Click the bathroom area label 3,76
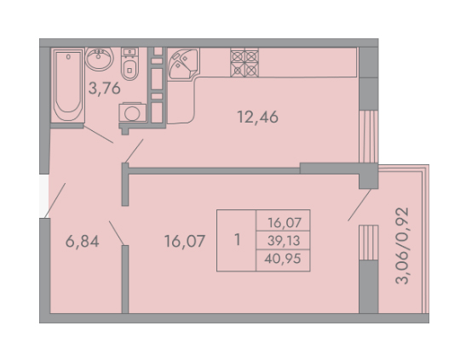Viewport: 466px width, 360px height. click(x=105, y=89)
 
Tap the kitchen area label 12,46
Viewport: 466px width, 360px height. click(x=257, y=117)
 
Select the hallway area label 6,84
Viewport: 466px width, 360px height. click(x=83, y=242)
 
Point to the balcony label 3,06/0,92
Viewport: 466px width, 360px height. click(x=402, y=246)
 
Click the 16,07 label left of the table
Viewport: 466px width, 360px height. click(x=185, y=242)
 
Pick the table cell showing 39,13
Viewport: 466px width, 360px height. click(x=284, y=241)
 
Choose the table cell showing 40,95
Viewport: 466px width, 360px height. click(x=283, y=259)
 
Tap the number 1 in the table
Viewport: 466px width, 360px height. click(x=237, y=240)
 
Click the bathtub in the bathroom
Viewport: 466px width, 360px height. click(x=68, y=85)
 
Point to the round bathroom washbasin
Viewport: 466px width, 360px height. click(x=100, y=59)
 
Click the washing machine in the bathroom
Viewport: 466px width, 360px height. click(x=133, y=112)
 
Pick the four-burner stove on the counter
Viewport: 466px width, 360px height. click(x=245, y=63)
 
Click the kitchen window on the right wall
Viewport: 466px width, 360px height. click(x=369, y=136)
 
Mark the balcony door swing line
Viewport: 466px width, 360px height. click(x=360, y=205)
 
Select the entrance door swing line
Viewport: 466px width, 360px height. click(x=55, y=201)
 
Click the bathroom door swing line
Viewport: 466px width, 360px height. click(x=98, y=134)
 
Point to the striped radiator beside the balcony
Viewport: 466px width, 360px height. click(x=369, y=243)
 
